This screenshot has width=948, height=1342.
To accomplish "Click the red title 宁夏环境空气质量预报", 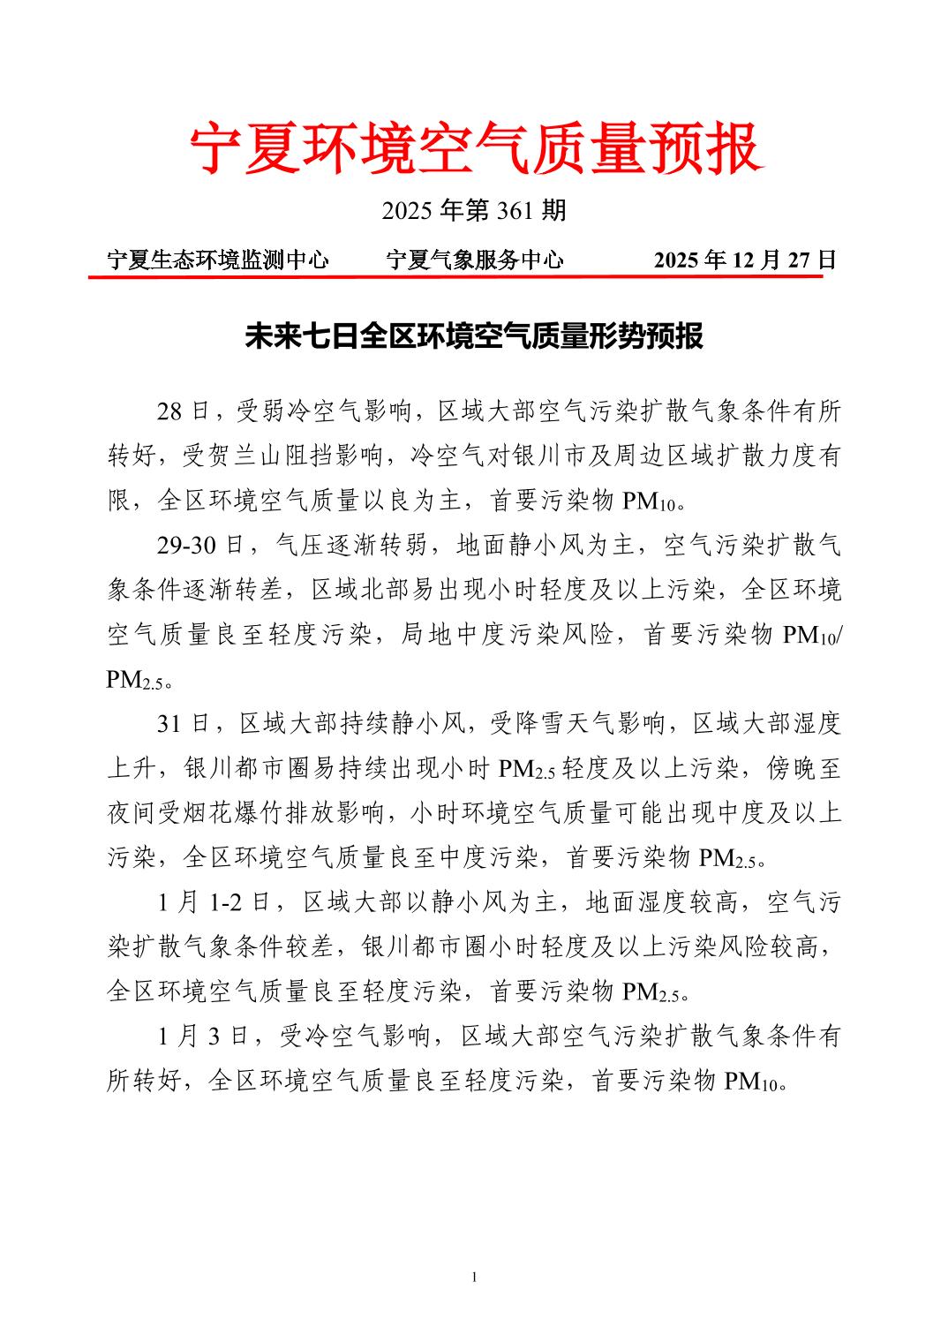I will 475,148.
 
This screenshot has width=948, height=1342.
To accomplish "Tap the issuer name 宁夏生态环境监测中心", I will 217,260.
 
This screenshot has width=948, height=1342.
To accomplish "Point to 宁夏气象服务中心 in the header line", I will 474,260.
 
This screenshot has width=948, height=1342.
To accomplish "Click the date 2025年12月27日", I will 744,260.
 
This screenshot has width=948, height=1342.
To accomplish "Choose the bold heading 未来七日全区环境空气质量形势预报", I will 474,336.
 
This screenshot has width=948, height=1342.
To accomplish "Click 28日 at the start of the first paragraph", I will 183,411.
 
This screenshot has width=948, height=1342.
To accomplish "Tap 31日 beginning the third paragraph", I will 183,724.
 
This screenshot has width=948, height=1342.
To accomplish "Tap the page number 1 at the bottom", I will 474,1278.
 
